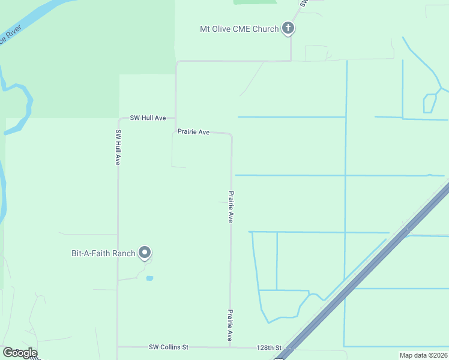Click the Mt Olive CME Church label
[x=240, y=29]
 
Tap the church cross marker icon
[x=288, y=28]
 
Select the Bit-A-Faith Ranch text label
[x=103, y=253]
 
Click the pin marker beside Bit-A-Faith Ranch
[x=144, y=253]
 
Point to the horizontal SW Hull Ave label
[x=148, y=118]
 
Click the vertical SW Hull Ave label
[x=118, y=148]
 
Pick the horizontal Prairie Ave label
[x=193, y=132]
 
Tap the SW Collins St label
[x=169, y=347]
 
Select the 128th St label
[x=269, y=347]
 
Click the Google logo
[x=19, y=353]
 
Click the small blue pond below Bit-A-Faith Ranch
[x=149, y=278]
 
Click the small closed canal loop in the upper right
[x=429, y=103]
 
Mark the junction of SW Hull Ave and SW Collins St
[x=118, y=347]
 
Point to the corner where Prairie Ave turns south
[x=231, y=136]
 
